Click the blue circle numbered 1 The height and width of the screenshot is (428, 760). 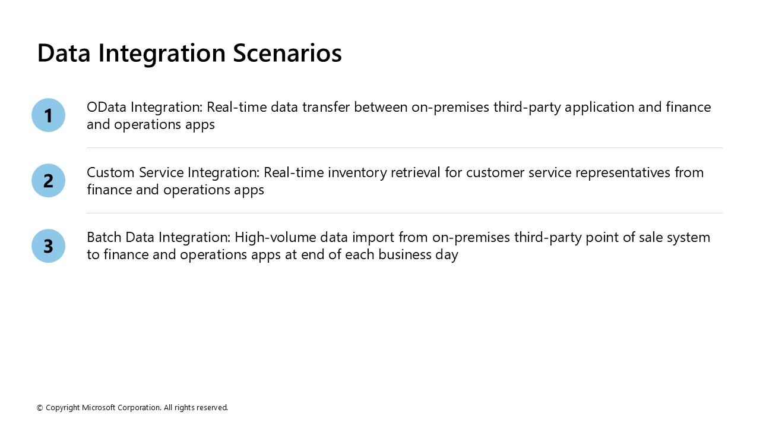click(x=48, y=115)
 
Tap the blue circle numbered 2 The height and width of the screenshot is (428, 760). click(x=48, y=180)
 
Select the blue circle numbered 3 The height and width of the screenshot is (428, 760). click(x=48, y=246)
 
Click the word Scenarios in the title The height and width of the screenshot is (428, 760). click(x=287, y=53)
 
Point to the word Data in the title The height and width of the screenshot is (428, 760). click(x=64, y=53)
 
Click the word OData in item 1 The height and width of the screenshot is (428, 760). click(x=106, y=107)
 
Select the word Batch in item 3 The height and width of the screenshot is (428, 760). click(x=104, y=237)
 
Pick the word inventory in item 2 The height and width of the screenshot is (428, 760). click(x=357, y=173)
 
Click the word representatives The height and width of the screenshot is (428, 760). click(x=623, y=173)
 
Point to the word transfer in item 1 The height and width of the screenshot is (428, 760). click(x=326, y=107)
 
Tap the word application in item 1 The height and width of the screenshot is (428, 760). click(x=599, y=108)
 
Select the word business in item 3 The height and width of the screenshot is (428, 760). click(x=405, y=254)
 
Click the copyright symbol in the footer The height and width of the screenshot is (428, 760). click(x=40, y=408)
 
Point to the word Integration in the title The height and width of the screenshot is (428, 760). click(x=162, y=54)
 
